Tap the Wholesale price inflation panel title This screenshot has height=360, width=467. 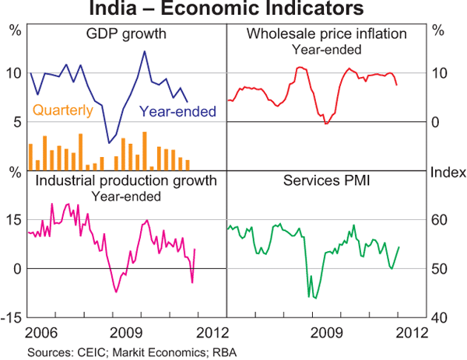click(327, 34)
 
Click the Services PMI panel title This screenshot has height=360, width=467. click(327, 181)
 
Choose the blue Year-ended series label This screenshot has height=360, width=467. click(177, 112)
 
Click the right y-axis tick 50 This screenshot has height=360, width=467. click(441, 269)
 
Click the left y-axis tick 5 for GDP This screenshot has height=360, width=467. click(16, 122)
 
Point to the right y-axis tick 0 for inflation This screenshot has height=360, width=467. click(437, 122)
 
